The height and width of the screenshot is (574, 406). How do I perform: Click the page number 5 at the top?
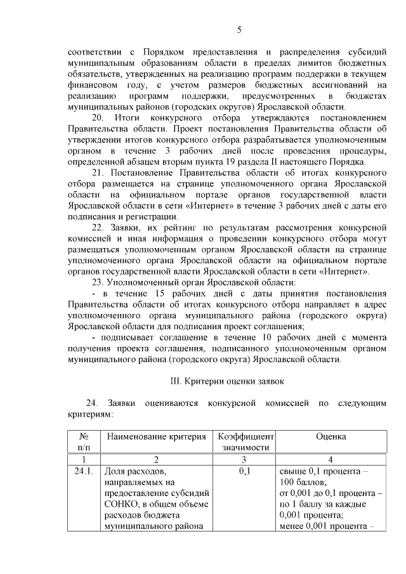tap(239, 29)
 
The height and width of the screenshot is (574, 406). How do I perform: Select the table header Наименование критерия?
tap(157, 436)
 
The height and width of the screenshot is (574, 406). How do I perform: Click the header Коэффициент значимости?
tap(245, 442)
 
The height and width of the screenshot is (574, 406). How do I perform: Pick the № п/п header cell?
tap(84, 442)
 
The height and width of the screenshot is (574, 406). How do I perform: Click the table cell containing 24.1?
tap(84, 471)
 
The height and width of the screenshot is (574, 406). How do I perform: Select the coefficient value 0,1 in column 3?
tap(245, 471)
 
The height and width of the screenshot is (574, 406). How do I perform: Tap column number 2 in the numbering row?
tap(157, 459)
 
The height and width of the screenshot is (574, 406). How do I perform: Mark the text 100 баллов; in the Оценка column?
tap(303, 483)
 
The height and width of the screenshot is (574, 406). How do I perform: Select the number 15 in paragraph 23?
tap(159, 293)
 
